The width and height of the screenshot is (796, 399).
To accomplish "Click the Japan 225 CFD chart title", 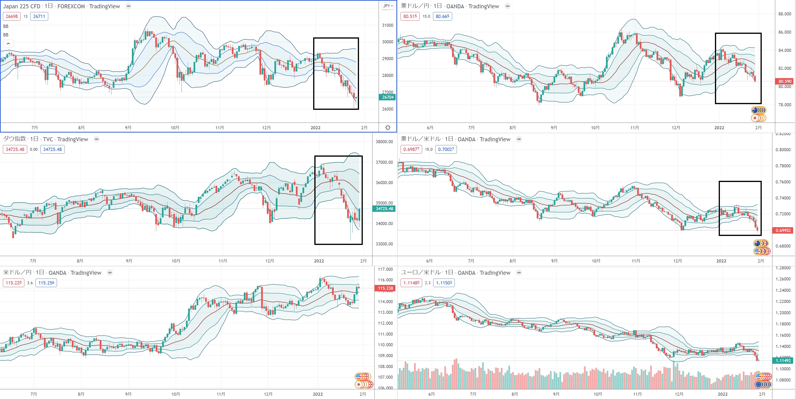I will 61,6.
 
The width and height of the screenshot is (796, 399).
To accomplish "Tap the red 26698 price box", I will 12,16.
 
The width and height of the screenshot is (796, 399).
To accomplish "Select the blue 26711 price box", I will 39,16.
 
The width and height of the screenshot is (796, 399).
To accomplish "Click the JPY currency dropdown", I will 388,6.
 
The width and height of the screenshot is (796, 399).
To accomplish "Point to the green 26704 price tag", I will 388,97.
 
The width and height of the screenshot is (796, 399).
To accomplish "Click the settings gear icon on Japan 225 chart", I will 388,127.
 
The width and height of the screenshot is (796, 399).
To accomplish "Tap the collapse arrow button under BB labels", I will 8,44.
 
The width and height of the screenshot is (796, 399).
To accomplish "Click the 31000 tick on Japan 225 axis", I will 388,25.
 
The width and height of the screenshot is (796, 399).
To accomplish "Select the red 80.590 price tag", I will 784,81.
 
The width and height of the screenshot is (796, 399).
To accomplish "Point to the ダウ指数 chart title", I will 45,139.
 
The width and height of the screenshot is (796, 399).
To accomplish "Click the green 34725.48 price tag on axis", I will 384,209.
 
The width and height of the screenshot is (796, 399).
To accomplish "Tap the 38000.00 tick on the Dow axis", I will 384,142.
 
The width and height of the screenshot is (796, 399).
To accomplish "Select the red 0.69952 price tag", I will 783,231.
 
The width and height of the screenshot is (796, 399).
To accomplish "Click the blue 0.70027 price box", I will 446,149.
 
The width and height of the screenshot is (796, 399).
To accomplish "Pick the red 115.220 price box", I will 14,283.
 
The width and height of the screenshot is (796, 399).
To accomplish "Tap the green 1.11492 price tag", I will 783,361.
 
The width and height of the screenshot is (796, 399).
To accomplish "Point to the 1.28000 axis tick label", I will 783,268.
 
